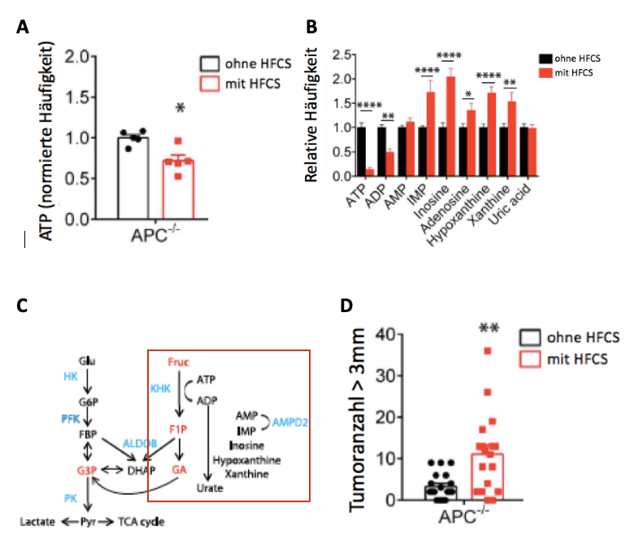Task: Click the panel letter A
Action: click(26, 27)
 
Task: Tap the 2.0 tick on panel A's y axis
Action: click(100, 57)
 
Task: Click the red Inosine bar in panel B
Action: click(451, 126)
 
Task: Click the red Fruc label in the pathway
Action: click(179, 360)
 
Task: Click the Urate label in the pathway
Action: click(208, 488)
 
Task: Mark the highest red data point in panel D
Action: click(488, 351)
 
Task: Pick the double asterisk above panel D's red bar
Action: click(488, 329)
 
